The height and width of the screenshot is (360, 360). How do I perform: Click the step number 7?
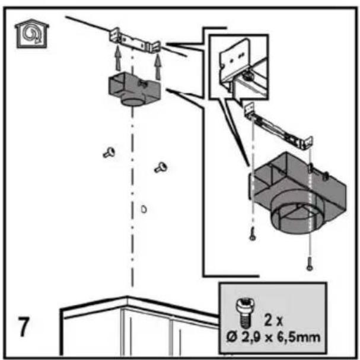[x=24, y=327]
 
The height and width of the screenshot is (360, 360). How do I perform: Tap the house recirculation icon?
[x=32, y=34]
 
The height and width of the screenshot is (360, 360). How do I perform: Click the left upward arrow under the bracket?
[x=118, y=58]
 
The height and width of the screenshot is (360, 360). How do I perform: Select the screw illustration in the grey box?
[x=246, y=313]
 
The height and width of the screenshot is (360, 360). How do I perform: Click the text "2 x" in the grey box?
[x=273, y=320]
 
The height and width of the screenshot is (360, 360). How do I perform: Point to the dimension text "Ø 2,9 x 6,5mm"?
[x=273, y=337]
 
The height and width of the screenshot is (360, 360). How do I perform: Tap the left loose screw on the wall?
[x=109, y=152]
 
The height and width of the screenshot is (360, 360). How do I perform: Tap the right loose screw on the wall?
[x=161, y=167]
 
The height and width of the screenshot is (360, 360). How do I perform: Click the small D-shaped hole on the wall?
[x=144, y=209]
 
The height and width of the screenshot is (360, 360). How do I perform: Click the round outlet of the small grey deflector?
[x=132, y=101]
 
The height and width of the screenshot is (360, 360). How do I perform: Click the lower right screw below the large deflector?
[x=309, y=264]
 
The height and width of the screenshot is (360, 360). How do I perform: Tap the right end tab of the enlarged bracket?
[x=308, y=142]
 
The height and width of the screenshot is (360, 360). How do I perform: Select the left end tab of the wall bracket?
[x=114, y=34]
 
